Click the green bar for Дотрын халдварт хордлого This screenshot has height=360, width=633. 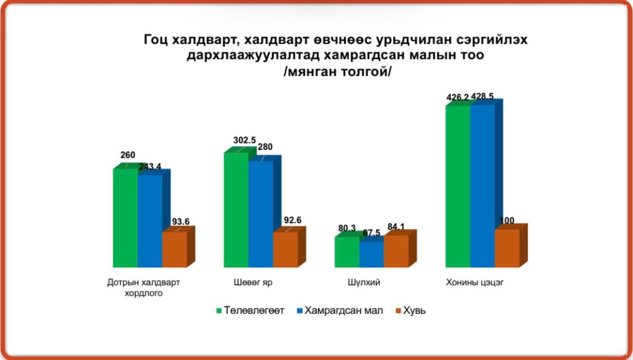pos(125,218)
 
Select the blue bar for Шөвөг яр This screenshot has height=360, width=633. pos(261,214)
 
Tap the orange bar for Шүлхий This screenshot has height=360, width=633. pos(396,251)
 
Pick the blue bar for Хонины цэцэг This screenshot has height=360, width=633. pos(482,186)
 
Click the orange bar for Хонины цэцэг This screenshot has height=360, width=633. pos(507,248)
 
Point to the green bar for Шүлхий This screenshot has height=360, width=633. pos(347,252)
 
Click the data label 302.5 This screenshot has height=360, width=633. pos(244,140)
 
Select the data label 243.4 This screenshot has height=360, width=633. pos(150,167)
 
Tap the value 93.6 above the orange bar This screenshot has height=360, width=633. pos(180,221)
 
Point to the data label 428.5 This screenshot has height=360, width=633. pos(482,96)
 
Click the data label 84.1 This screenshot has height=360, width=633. pos(396,227)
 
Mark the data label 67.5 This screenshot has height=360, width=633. pos(371,232)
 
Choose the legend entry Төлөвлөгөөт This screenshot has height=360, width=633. pos(250,310)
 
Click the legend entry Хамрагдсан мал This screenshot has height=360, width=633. pos(340,310)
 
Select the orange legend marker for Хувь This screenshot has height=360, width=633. pos(398,310)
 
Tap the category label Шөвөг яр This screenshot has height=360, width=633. pos(253,282)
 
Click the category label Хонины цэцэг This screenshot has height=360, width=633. pos(475,283)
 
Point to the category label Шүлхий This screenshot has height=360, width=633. pos(363,282)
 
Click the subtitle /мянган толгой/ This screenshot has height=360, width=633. pos(338,72)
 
